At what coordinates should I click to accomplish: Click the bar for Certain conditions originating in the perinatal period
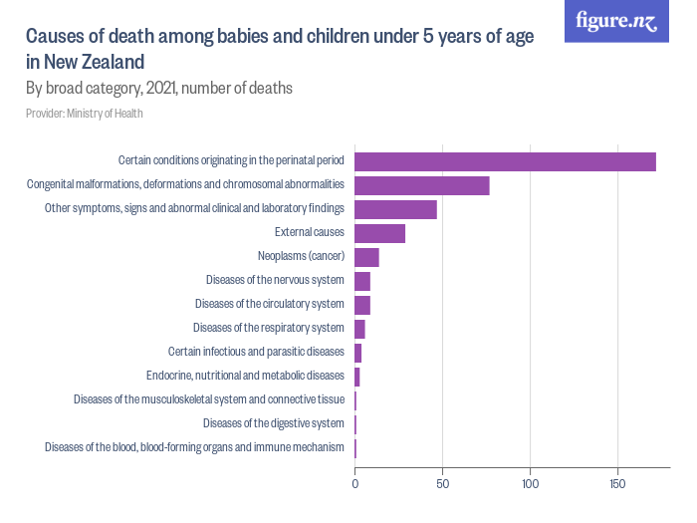click(505, 161)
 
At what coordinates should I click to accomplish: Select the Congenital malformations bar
click(422, 185)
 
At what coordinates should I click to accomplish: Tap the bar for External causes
click(380, 233)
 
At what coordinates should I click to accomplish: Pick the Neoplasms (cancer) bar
click(367, 257)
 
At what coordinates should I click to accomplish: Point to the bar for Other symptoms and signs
click(396, 209)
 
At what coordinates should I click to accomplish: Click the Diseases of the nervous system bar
click(362, 281)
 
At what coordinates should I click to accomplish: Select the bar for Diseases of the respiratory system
click(360, 329)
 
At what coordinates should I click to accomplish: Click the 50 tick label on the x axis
click(443, 484)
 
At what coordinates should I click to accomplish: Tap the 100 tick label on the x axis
click(531, 484)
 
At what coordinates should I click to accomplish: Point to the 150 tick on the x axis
click(618, 484)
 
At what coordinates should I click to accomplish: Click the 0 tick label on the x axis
click(355, 484)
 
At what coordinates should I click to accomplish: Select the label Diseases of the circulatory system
click(270, 304)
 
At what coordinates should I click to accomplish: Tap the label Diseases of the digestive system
click(274, 423)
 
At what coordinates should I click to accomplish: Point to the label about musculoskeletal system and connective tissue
click(209, 399)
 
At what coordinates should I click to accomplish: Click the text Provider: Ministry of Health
click(85, 114)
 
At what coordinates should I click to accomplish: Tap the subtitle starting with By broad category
click(158, 88)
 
